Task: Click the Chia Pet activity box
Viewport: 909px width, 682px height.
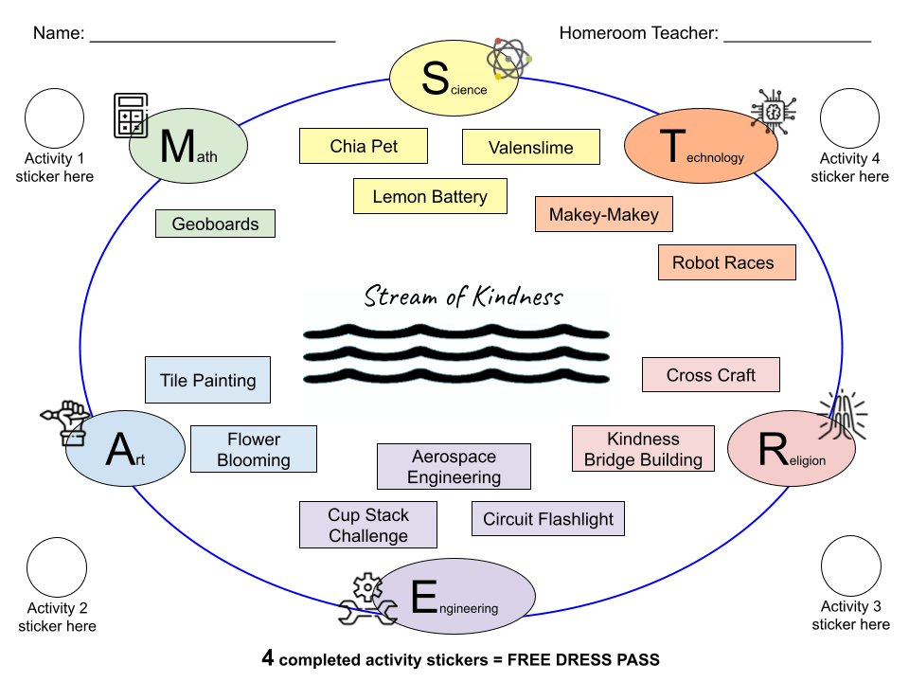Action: (364, 146)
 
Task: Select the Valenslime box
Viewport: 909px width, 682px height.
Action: (530, 147)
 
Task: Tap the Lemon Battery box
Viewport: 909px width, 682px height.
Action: (430, 197)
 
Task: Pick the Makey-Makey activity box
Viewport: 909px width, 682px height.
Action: (603, 215)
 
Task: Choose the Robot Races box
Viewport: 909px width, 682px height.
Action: (726, 262)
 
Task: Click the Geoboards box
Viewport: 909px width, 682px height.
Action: (215, 224)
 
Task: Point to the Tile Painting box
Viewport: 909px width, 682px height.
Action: (207, 380)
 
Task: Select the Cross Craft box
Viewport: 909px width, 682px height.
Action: (710, 374)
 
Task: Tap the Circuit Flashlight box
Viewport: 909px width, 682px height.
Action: (548, 518)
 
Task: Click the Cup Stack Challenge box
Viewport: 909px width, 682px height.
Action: (368, 525)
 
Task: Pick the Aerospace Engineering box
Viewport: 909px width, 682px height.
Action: (454, 467)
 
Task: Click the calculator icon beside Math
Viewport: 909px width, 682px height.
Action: (131, 117)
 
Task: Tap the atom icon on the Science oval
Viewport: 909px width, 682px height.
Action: (509, 59)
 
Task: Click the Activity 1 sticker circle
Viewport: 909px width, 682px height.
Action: (54, 118)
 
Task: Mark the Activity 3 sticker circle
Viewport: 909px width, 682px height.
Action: (850, 565)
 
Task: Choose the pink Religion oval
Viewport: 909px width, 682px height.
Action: (791, 448)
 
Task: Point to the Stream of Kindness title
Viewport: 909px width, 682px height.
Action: (464, 297)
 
